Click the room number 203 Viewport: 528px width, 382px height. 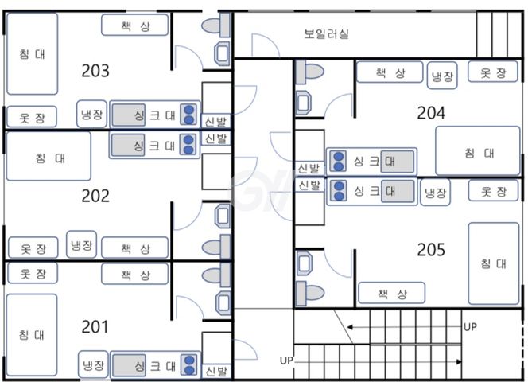click(95, 71)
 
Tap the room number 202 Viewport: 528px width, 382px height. click(95, 196)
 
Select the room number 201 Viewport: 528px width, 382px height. click(95, 327)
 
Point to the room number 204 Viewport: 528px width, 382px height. click(431, 113)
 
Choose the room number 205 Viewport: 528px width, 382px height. click(431, 250)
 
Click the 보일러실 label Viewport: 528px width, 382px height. click(326, 33)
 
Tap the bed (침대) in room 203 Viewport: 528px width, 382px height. click(33, 54)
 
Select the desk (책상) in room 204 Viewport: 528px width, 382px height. click(390, 72)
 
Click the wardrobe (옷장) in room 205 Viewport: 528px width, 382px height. click(493, 191)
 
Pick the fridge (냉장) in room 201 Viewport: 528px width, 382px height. click(93, 364)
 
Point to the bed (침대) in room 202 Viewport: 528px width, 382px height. click(49, 156)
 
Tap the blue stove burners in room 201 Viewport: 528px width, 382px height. click(189, 365)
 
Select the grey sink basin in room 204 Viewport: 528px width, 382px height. click(398, 162)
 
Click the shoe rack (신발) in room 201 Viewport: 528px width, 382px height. click(216, 371)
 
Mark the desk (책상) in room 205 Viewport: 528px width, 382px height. click(391, 293)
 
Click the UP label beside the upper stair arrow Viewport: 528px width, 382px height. click(470, 327)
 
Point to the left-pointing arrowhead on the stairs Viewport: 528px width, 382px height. click(350, 327)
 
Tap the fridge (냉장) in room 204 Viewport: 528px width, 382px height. click(442, 76)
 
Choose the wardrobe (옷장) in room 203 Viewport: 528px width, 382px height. click(32, 117)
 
